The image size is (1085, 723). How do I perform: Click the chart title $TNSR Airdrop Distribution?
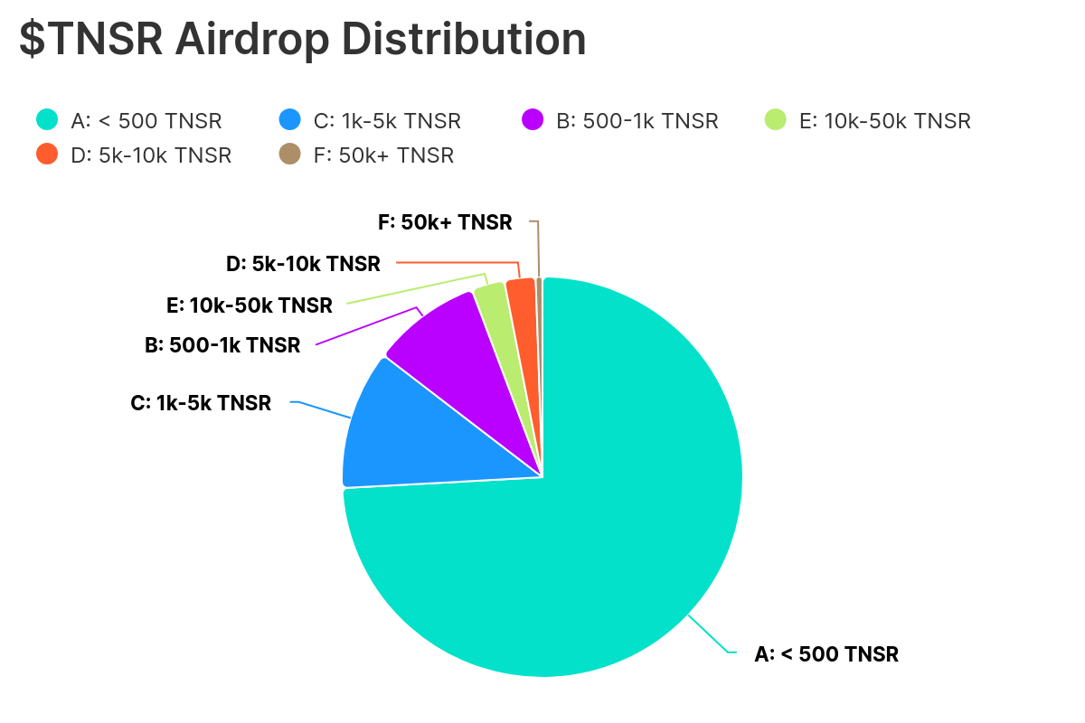pyautogui.click(x=303, y=41)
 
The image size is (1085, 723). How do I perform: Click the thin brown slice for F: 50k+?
pyautogui.click(x=540, y=307)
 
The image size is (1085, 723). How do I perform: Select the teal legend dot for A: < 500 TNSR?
pyautogui.click(x=47, y=119)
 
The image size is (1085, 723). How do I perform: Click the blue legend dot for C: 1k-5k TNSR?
pyautogui.click(x=289, y=119)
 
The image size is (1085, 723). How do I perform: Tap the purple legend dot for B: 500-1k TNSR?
pyautogui.click(x=533, y=119)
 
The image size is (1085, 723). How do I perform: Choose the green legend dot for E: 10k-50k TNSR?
pyautogui.click(x=776, y=119)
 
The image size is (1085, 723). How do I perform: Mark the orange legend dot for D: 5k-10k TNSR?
pyautogui.click(x=47, y=155)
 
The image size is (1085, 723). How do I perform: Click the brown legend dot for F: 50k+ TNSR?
pyautogui.click(x=289, y=155)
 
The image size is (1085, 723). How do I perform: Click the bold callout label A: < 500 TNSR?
pyautogui.click(x=826, y=654)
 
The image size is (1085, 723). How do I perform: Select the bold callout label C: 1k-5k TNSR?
pyautogui.click(x=201, y=403)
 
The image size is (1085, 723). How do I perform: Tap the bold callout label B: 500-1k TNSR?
pyautogui.click(x=222, y=345)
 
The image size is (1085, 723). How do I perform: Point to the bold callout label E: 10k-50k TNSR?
pyautogui.click(x=250, y=305)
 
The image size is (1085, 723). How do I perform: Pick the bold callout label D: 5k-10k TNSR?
pyautogui.click(x=303, y=264)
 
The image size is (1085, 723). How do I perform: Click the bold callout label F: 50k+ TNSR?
pyautogui.click(x=445, y=221)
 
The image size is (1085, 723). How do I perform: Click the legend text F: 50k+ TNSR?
pyautogui.click(x=383, y=155)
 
